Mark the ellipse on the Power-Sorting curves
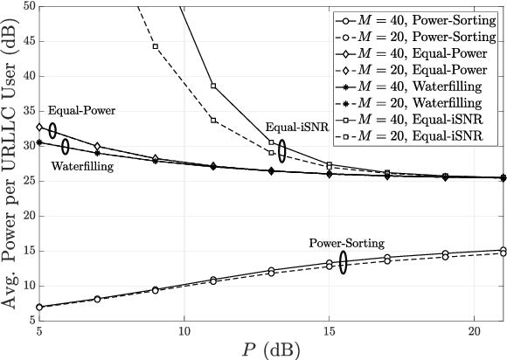coord(344,262)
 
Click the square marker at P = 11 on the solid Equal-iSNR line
coord(213,86)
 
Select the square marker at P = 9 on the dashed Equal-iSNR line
coord(155,46)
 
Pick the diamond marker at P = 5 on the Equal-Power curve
coord(39,127)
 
